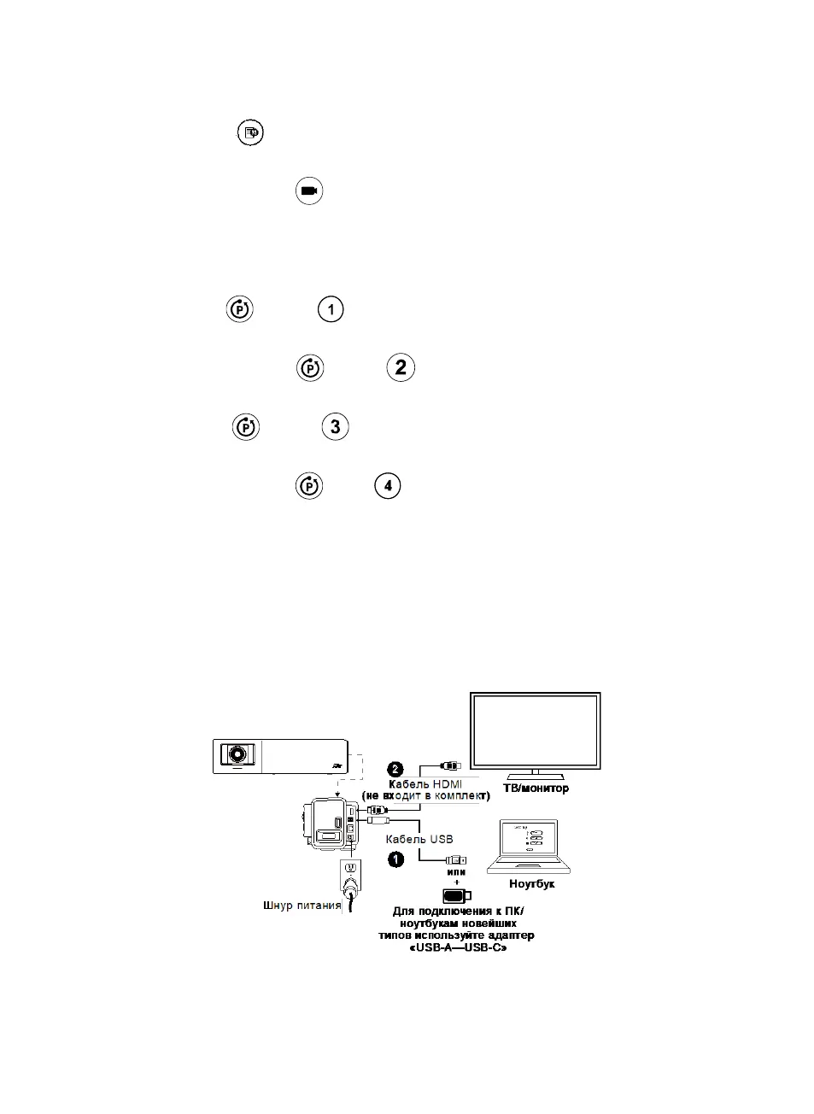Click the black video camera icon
tap(309, 191)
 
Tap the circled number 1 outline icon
tap(331, 308)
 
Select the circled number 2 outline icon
tap(401, 367)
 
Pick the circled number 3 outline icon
tap(335, 426)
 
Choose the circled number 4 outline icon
tap(388, 485)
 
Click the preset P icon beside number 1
tap(240, 308)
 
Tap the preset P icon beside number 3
tap(246, 426)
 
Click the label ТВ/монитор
tap(536, 788)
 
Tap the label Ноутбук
tap(531, 883)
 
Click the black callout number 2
tap(395, 769)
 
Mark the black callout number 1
tap(395, 859)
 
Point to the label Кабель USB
tap(419, 839)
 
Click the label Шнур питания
tap(302, 905)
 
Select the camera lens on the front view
tap(238, 755)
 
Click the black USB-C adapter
tap(456, 895)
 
